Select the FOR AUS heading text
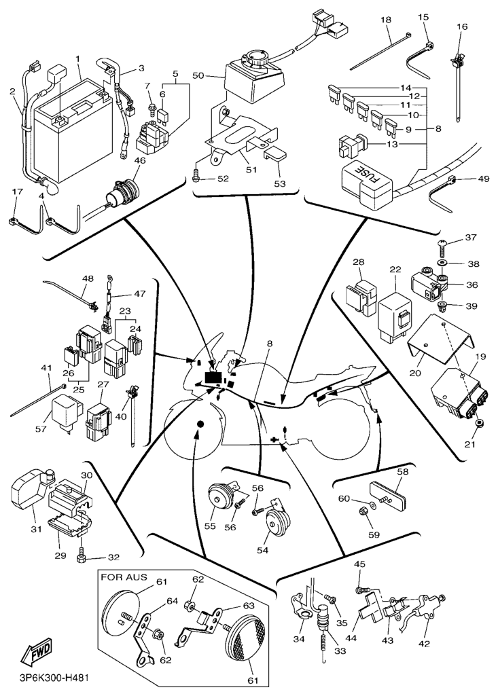pos(124,579)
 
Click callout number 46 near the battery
pos(140,161)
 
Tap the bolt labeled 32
pos(82,557)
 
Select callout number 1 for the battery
pos(78,58)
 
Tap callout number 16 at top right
pos(462,26)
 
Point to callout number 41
pos(46,367)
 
